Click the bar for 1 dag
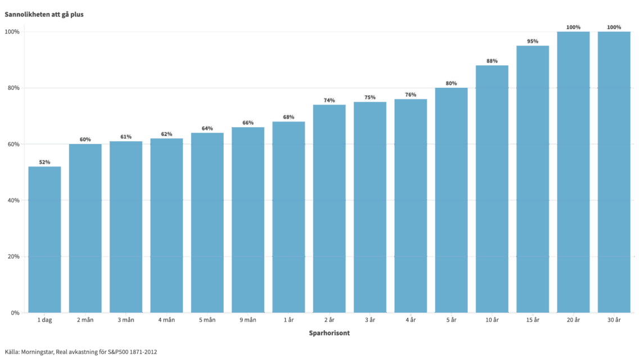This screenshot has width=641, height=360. coord(44,239)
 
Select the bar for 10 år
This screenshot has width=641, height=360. coord(492,188)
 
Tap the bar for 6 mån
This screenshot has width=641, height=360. coord(248,219)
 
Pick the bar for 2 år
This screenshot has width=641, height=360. coord(329,208)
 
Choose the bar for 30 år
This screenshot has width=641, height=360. coord(614,172)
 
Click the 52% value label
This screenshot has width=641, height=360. coord(44,162)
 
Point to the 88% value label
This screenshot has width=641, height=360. coord(492,61)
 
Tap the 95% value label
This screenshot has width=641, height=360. coord(532,41)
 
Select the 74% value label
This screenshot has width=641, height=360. coord(329,100)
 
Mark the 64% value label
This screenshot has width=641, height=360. coord(207,128)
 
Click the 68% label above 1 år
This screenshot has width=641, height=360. coord(288,117)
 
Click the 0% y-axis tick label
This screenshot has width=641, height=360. coord(15,313)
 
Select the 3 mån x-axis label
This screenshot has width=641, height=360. coord(126,320)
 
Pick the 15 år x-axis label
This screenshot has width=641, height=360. coord(532,320)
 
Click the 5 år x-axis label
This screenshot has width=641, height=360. coord(451,320)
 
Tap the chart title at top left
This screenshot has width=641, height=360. coord(44,14)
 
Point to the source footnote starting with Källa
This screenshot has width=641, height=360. coord(81,352)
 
